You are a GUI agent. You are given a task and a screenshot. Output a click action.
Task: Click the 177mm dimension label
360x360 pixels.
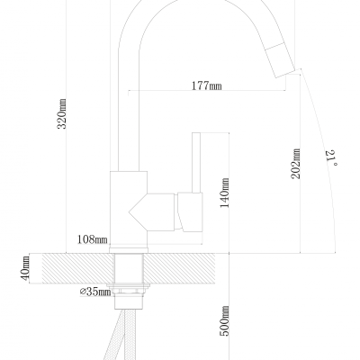click(x=207, y=85)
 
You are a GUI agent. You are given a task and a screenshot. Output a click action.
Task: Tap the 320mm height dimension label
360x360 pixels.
click(x=62, y=113)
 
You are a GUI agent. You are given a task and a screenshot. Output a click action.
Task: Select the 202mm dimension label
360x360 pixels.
click(x=296, y=164)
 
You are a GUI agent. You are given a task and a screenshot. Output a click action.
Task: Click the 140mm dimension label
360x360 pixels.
click(x=225, y=193)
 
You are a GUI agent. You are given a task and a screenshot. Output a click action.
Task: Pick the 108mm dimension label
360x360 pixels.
click(x=93, y=239)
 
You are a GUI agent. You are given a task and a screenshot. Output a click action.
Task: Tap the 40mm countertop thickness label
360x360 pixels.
click(x=25, y=268)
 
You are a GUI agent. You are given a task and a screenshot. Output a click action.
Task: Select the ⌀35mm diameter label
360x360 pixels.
click(x=95, y=292)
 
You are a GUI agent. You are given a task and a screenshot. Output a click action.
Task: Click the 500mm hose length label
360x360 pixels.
click(x=225, y=320)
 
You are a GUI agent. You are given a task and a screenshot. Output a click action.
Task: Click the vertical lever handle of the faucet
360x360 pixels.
click(x=196, y=163)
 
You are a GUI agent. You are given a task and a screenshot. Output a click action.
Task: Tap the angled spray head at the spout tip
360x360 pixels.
click(x=281, y=59)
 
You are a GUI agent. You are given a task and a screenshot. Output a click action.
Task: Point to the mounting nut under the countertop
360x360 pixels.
click(x=129, y=290)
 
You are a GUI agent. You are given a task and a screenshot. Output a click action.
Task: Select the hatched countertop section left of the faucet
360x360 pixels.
click(x=78, y=268)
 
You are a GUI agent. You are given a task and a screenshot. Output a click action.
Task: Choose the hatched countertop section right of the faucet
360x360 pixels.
click(x=179, y=268)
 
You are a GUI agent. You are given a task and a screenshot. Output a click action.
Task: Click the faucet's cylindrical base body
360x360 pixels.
click(x=129, y=210)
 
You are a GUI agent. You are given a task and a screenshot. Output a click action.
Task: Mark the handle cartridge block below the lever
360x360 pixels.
click(x=190, y=211)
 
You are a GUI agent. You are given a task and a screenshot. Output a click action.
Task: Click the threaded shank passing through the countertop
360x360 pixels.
click(x=129, y=268)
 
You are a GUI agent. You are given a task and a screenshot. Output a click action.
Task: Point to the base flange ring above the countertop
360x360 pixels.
click(x=129, y=251)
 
